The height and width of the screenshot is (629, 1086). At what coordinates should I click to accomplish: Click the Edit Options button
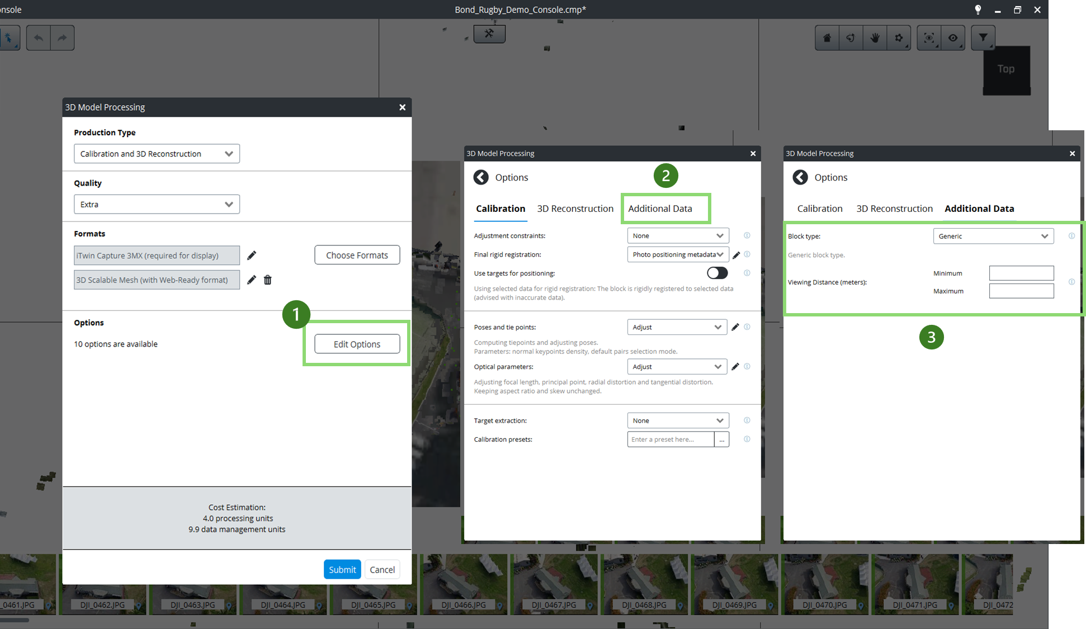tap(357, 344)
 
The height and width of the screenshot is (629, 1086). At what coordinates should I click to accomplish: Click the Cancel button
tap(382, 569)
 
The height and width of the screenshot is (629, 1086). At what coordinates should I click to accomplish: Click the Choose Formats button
tap(357, 255)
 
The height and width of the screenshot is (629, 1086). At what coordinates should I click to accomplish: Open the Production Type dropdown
tap(157, 154)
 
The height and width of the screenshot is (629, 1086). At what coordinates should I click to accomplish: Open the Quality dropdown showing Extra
tap(157, 204)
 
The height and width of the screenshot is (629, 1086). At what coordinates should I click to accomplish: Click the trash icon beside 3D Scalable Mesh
tap(268, 280)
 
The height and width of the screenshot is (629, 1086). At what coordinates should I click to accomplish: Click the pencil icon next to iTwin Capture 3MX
tap(252, 256)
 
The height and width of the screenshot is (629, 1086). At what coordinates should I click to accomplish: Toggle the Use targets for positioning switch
tap(717, 273)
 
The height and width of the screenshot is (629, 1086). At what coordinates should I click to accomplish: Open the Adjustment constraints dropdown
tap(678, 235)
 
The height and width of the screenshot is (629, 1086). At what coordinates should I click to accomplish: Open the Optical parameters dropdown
tap(677, 367)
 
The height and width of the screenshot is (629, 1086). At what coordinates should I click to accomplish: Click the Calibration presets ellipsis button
tap(721, 439)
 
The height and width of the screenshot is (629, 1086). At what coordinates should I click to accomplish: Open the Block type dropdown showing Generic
tap(993, 236)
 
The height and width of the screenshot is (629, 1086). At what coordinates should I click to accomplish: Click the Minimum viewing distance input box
tap(1021, 273)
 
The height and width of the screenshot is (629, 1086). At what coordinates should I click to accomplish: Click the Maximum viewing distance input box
tap(1021, 291)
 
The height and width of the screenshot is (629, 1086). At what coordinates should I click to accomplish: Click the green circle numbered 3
tap(931, 337)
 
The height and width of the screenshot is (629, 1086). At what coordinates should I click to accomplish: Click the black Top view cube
tap(1007, 70)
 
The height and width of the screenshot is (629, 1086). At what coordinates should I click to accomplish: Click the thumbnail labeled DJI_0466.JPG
tap(464, 584)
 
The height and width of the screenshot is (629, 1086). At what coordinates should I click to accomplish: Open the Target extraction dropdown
tap(678, 420)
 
